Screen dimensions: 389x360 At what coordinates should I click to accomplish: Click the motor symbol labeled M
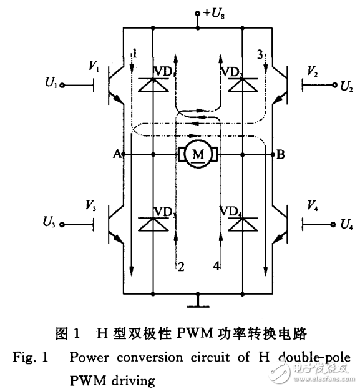pos(197,154)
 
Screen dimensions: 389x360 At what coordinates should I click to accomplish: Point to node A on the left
pos(116,154)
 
